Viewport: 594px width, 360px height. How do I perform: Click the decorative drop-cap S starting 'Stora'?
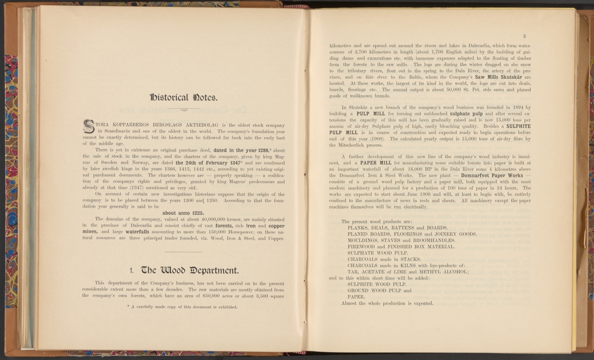tap(90, 126)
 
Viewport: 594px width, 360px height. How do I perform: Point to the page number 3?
tap(523, 36)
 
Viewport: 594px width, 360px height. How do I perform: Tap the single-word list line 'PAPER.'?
tap(356, 297)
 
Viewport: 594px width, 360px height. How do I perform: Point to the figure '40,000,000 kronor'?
tap(200, 218)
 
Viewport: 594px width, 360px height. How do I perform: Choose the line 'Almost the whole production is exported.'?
tap(388, 303)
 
